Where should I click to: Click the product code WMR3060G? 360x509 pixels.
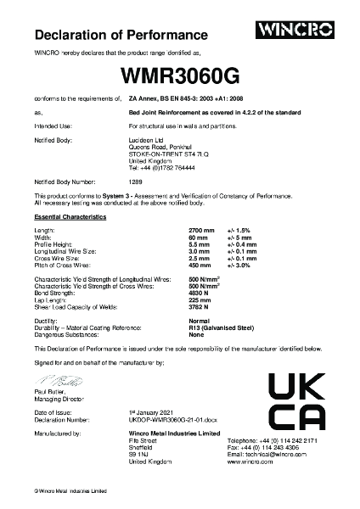pos(180,76)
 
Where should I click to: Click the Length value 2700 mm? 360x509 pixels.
pos(201,231)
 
